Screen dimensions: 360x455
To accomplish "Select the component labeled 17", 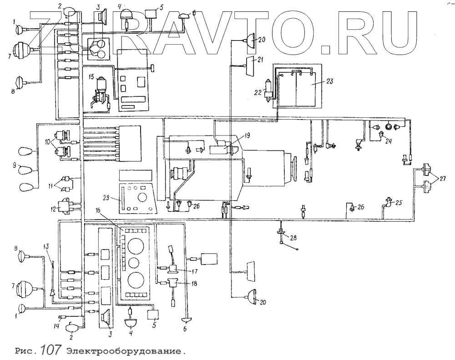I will pyautogui.click(x=173, y=269).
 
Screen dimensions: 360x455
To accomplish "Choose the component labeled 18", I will pyautogui.click(x=172, y=284).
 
